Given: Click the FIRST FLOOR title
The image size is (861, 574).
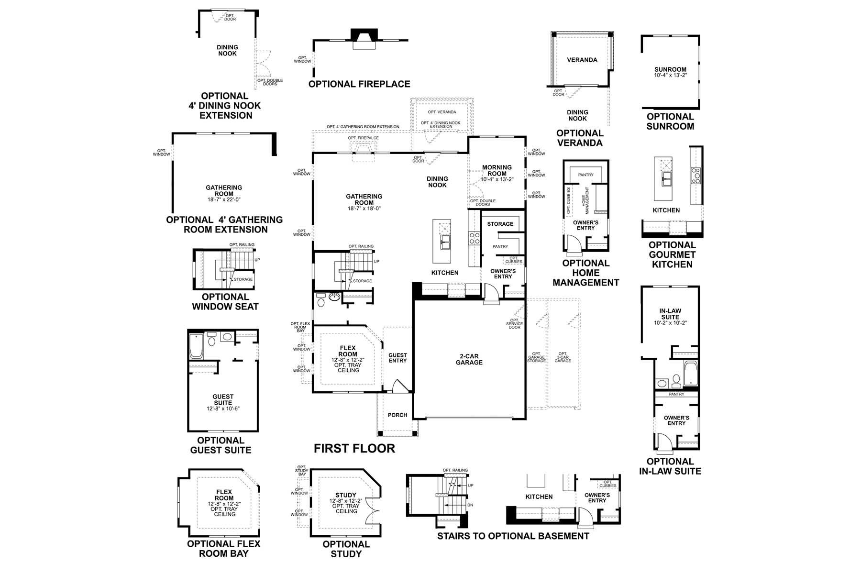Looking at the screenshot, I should [354, 448].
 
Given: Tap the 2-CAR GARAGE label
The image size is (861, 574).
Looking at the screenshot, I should [469, 359].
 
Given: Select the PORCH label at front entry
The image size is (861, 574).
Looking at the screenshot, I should [397, 415].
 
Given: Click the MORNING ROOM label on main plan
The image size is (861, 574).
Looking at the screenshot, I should [497, 171].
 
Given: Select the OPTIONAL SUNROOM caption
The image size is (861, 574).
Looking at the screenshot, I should [670, 121].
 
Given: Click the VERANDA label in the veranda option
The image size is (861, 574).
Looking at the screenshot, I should [582, 60].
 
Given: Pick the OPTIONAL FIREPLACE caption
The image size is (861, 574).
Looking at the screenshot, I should [359, 84].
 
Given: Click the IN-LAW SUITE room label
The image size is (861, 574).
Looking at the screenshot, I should [670, 314].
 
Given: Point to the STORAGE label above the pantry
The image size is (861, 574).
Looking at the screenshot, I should [500, 224].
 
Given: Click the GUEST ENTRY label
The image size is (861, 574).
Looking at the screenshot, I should [397, 358].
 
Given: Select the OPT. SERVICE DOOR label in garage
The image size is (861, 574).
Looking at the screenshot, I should [514, 324].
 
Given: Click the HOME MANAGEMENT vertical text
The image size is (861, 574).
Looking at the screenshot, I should [585, 197].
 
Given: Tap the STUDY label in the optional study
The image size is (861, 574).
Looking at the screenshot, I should [346, 495].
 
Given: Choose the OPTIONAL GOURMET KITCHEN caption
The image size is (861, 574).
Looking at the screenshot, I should [672, 254].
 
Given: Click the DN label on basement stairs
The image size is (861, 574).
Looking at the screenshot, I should [470, 505].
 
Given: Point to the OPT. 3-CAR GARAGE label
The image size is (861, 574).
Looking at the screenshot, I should [563, 357].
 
